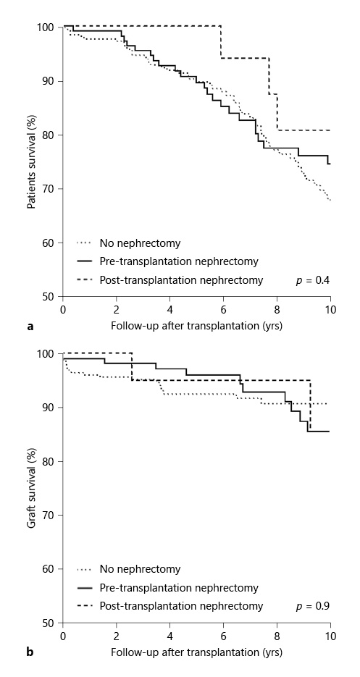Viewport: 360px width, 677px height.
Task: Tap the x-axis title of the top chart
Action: [x=196, y=326]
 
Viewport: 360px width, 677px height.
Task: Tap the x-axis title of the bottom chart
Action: [x=196, y=652]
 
